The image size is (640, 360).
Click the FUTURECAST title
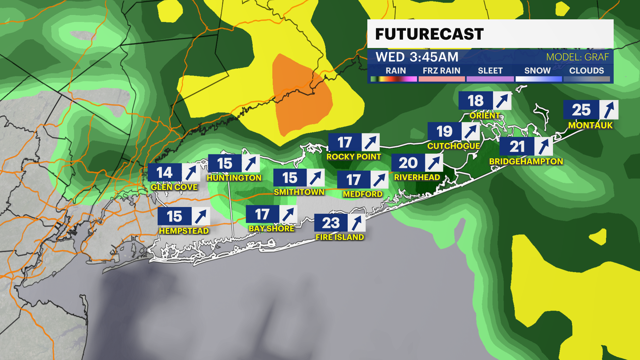click(429, 34)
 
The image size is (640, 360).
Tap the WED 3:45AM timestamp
click(417, 57)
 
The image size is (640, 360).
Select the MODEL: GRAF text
click(577, 57)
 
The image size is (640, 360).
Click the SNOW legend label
click(537, 71)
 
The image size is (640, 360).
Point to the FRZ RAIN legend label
click(441, 71)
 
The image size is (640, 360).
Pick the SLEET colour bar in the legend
click(490, 79)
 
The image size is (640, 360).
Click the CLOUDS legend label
click(586, 71)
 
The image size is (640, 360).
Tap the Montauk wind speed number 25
click(581, 110)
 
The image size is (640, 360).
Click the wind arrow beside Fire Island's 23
click(356, 223)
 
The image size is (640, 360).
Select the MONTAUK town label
click(590, 125)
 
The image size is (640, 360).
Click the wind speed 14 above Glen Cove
click(164, 173)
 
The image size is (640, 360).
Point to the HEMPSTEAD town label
click(184, 231)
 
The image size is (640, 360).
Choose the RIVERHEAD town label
click(417, 177)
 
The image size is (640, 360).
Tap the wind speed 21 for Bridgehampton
click(517, 147)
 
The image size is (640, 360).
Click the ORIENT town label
click(485, 116)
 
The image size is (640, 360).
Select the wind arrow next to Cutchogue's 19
click(470, 131)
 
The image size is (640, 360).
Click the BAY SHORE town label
click(271, 229)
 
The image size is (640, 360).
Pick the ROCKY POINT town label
click(354, 157)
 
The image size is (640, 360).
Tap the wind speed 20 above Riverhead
click(408, 163)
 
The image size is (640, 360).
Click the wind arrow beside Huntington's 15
click(251, 164)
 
